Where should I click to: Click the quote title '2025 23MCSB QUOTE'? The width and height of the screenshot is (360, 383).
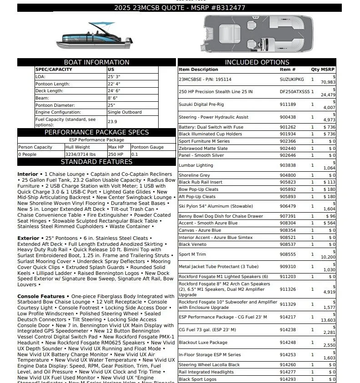145,8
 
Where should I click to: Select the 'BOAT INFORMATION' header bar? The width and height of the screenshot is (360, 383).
96,62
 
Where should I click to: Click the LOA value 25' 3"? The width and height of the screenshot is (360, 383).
114,77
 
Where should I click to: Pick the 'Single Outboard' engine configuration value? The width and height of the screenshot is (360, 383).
125,112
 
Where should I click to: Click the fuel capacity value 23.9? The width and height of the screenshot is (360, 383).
112,122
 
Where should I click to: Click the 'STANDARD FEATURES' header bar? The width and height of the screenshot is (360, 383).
96,162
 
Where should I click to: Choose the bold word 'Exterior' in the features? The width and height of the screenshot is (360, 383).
28,238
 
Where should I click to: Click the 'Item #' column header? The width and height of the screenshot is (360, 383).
288,70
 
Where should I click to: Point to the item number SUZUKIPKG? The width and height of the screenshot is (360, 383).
292,80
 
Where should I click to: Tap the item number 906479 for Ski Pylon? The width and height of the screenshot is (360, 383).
288,206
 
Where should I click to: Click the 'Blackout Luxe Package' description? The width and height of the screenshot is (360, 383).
203,343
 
